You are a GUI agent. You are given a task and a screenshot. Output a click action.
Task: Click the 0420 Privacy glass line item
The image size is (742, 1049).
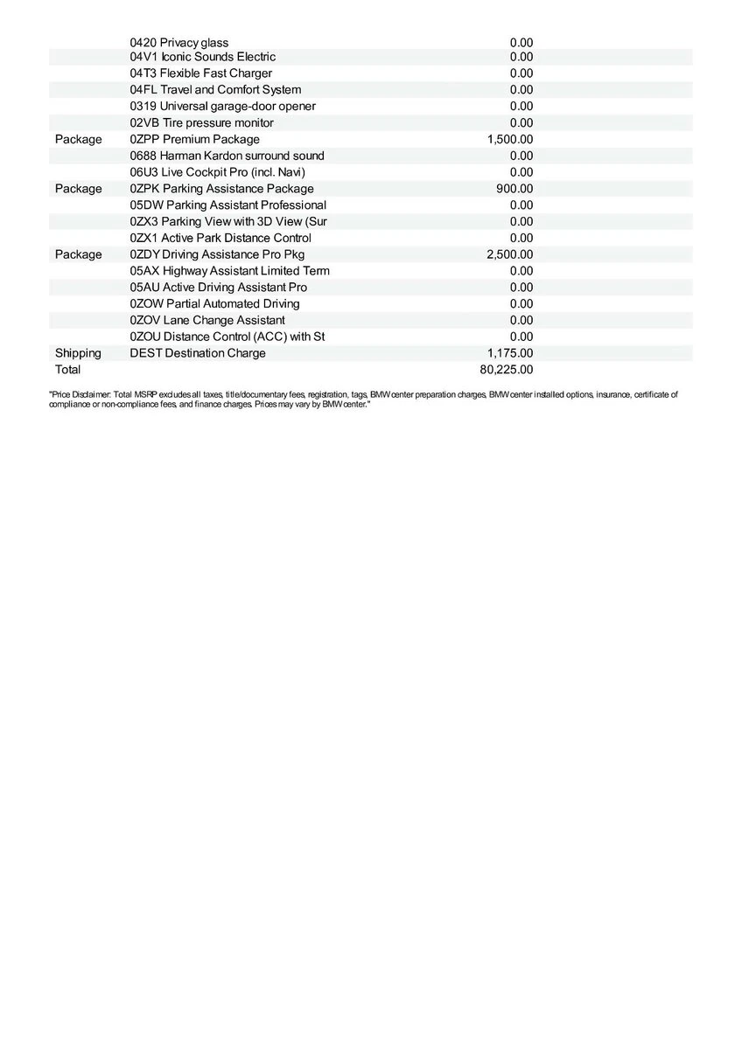click(x=178, y=42)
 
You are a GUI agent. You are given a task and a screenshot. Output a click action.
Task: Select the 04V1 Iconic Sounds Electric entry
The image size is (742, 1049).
click(x=202, y=57)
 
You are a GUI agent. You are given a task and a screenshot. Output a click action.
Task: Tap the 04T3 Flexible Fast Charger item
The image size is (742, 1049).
click(x=200, y=73)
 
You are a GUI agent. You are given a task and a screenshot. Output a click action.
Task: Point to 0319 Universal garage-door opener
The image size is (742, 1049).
click(x=222, y=106)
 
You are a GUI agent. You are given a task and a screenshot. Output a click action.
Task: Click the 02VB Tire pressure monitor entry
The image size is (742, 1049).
click(x=201, y=122)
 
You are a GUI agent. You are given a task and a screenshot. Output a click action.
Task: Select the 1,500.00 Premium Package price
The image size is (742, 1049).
click(x=509, y=139)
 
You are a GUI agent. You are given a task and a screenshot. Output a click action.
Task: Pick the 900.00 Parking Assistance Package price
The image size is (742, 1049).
click(x=514, y=189)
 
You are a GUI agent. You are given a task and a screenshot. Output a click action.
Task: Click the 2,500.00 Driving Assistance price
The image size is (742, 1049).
click(x=509, y=254)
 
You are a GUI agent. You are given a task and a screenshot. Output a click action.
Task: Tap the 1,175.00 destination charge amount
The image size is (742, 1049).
click(x=509, y=353)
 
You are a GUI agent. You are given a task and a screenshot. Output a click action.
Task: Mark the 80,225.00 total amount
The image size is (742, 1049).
click(x=506, y=370)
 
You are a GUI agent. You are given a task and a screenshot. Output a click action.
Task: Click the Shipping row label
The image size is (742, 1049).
click(x=78, y=353)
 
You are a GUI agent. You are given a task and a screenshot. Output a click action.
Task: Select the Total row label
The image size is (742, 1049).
click(x=67, y=370)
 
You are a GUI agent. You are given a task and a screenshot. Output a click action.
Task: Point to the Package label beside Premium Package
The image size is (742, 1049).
click(x=78, y=139)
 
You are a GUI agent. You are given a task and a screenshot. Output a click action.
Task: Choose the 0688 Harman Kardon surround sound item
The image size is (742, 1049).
click(x=227, y=156)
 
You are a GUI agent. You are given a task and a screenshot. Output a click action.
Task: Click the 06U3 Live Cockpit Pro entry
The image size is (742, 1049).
click(x=217, y=172)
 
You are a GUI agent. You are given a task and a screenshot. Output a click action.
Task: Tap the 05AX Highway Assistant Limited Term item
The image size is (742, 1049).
click(x=229, y=271)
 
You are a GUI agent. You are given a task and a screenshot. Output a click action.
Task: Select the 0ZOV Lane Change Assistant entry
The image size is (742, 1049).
click(x=207, y=320)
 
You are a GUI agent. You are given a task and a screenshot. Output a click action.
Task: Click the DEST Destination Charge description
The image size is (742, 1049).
click(x=198, y=353)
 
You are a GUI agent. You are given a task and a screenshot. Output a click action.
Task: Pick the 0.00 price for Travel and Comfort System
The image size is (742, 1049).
click(x=521, y=90)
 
